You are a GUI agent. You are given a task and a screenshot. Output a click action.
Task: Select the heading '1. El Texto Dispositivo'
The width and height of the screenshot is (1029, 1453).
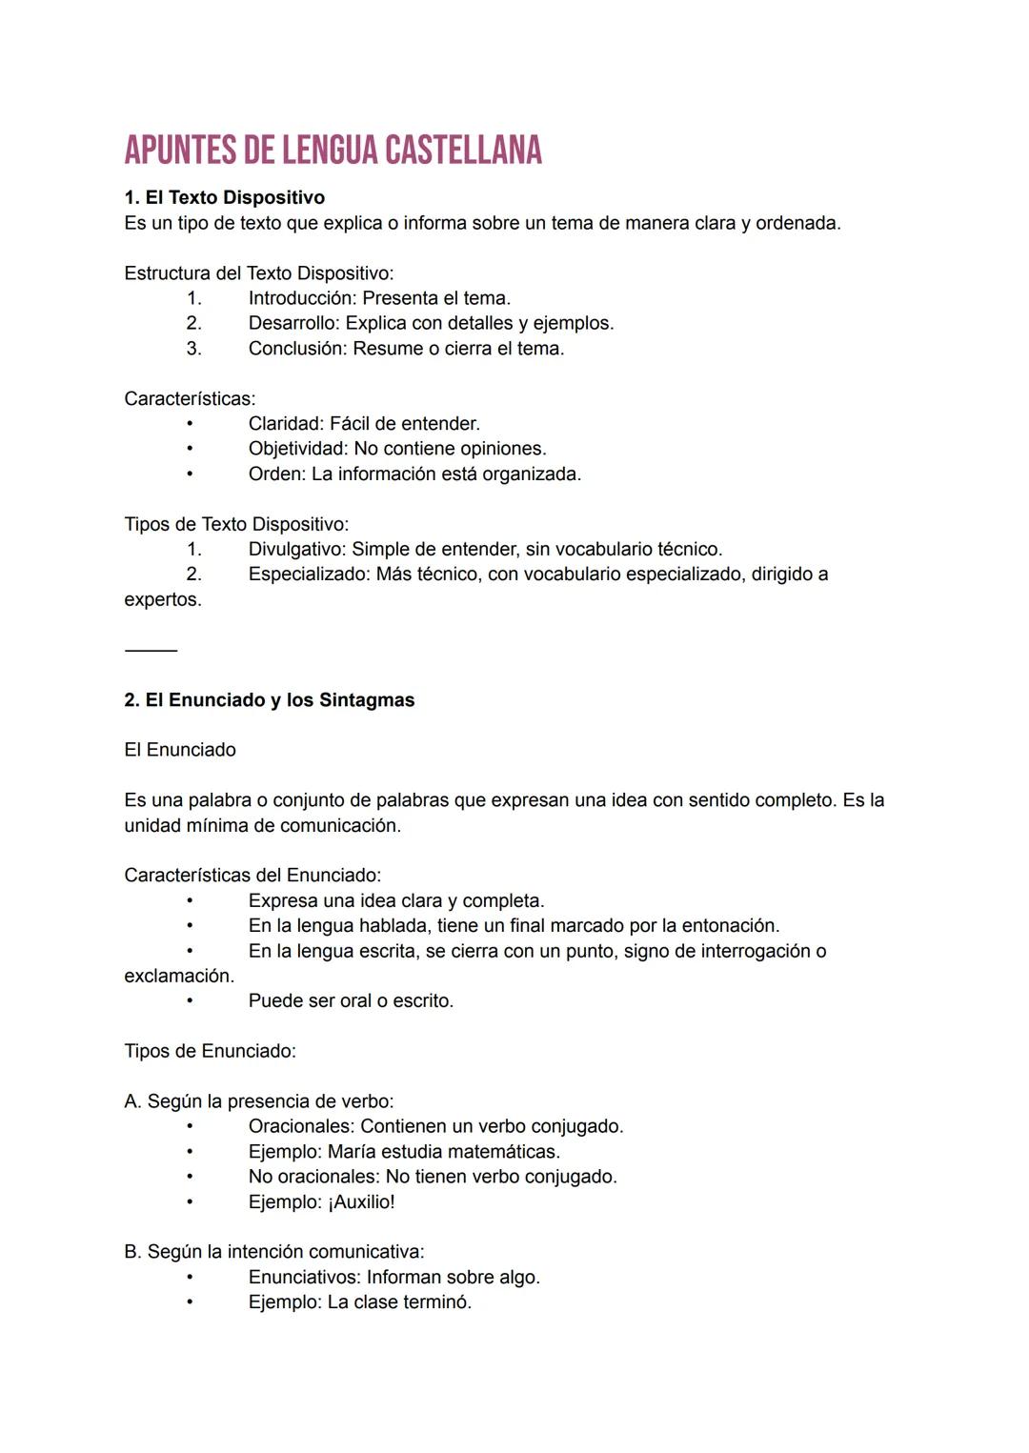point(224,197)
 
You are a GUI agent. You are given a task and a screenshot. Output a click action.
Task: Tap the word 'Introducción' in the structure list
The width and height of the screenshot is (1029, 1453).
point(301,298)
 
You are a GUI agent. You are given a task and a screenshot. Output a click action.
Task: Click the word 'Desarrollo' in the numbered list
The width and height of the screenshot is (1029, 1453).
point(293,323)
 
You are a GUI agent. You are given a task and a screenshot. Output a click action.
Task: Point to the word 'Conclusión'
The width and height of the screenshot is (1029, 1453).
point(296,349)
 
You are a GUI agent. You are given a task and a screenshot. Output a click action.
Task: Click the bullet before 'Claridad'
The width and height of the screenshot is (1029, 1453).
point(190,424)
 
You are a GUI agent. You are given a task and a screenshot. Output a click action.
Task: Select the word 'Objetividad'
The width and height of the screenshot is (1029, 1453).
point(297,449)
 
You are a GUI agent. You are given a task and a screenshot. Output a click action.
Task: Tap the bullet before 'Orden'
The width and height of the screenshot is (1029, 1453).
point(190,474)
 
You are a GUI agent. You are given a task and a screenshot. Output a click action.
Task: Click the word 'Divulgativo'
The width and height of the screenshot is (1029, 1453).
point(296,550)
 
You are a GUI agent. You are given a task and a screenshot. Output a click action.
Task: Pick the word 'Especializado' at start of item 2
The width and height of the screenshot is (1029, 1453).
point(308,575)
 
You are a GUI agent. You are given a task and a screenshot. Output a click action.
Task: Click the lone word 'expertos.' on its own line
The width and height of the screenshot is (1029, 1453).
point(163,600)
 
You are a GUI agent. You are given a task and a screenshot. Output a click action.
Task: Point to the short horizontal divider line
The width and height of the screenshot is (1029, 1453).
point(151,651)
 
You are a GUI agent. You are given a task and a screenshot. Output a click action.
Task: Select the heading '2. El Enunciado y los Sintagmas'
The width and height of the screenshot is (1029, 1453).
point(270,700)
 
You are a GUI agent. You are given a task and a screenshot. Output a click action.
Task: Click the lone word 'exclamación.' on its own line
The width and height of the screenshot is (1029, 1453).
point(179,977)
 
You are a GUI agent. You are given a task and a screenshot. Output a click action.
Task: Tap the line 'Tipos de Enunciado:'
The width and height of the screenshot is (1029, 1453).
point(210,1052)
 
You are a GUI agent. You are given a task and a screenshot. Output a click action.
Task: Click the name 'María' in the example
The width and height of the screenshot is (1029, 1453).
point(352,1152)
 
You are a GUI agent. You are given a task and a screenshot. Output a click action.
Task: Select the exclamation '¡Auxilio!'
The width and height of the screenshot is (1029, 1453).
point(361,1202)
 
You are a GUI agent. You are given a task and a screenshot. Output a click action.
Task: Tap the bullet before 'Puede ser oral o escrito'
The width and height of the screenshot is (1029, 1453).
point(190,1001)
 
